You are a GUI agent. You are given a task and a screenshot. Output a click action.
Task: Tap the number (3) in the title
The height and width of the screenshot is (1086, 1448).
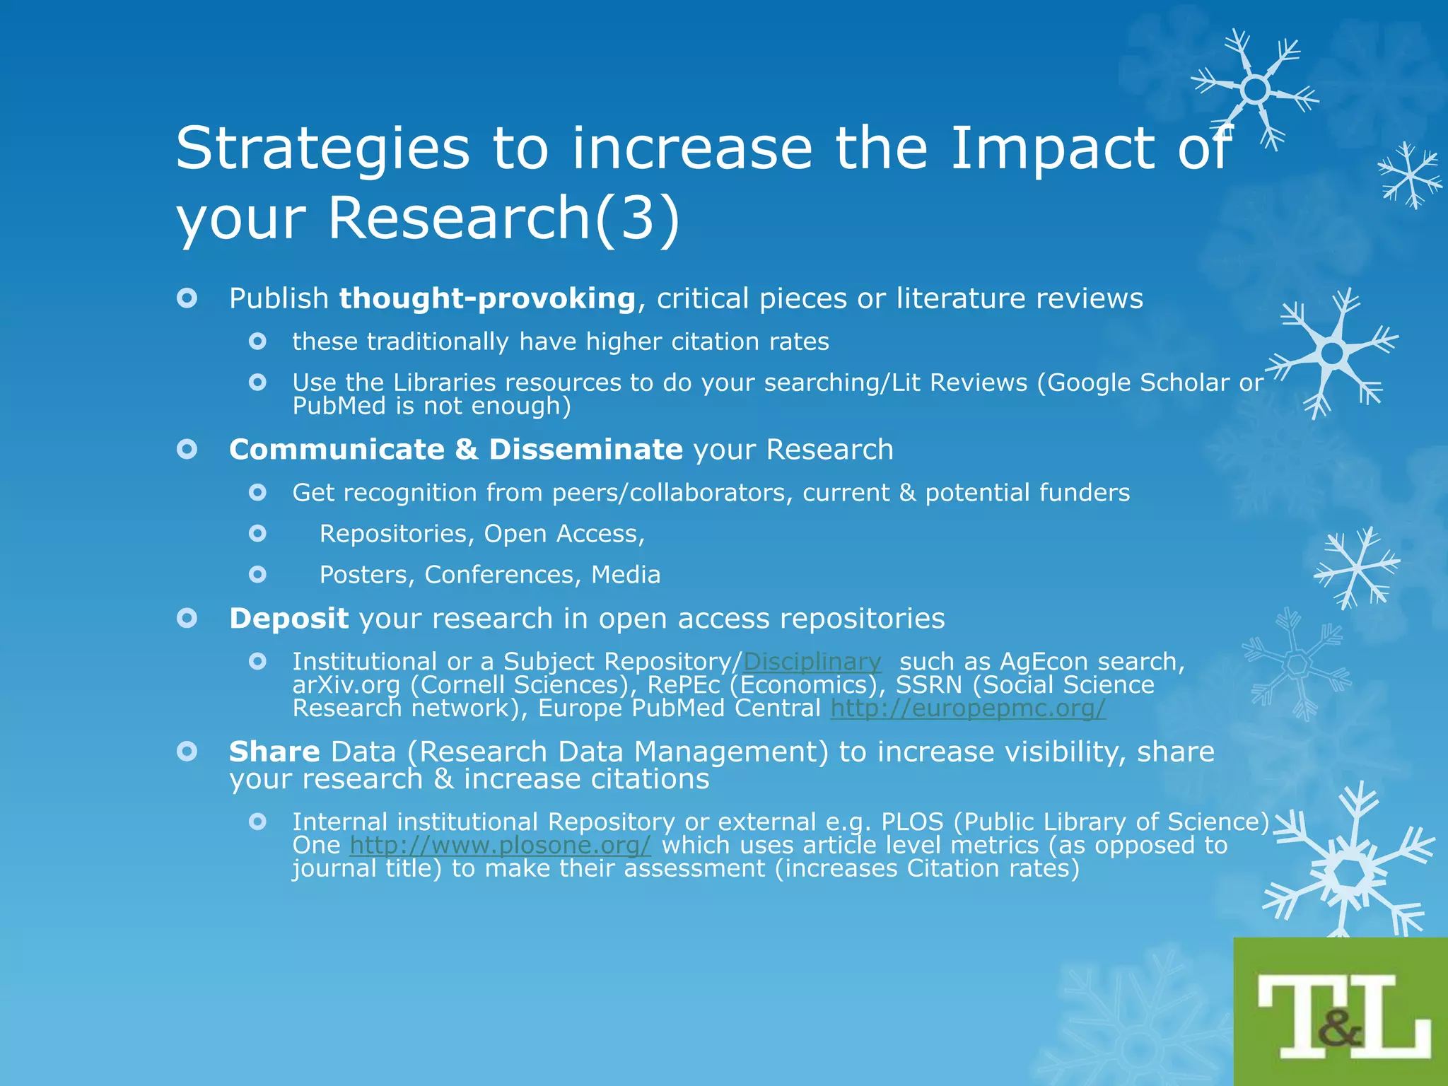pos(637,218)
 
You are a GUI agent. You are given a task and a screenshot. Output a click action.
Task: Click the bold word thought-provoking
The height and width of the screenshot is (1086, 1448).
pos(487,298)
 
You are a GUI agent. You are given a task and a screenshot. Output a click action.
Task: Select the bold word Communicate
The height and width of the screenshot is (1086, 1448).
pos(337,450)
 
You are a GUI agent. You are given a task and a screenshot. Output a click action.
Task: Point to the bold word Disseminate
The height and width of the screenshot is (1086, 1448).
pos(585,450)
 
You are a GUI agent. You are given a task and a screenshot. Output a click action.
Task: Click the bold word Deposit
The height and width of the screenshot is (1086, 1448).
pos(288,619)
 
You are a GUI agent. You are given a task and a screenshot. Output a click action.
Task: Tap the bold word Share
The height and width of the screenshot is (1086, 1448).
pos(274,752)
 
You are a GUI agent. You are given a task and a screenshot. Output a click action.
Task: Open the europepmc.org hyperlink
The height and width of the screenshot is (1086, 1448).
pos(968,708)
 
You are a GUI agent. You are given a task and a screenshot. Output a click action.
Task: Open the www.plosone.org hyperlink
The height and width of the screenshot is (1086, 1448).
pos(500,845)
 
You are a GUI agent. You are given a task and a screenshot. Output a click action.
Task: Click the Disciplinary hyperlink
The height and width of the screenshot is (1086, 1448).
pos(812,662)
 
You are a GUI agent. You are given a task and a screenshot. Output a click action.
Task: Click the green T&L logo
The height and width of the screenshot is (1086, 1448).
pos(1341,1012)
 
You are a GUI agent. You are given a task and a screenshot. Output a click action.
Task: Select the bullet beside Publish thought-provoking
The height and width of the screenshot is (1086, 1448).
pos(187,298)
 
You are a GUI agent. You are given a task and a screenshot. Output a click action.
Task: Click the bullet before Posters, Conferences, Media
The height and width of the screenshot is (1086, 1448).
pos(258,574)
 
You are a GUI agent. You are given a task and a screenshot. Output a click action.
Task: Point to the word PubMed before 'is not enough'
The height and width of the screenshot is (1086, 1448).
pos(339,407)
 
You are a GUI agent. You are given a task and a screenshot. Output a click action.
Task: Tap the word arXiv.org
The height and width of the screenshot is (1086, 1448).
pos(346,685)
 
